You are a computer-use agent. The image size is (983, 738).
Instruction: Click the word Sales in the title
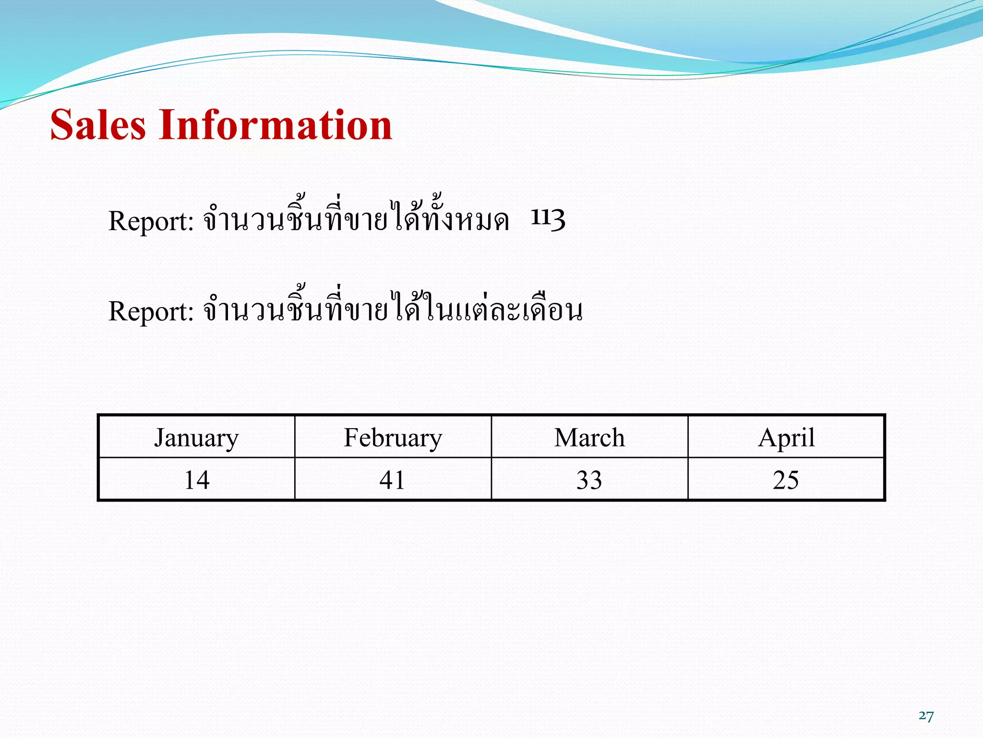click(98, 125)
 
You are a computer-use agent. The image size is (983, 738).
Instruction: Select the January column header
click(196, 438)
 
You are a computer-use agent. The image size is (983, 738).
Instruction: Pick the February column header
click(393, 438)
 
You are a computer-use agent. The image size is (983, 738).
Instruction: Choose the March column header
click(589, 438)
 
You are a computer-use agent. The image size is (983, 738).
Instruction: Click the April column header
click(786, 438)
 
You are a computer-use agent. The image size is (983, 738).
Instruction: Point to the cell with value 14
click(197, 480)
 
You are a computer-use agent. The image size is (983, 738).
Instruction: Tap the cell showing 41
click(392, 480)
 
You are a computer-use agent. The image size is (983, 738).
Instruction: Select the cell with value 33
click(589, 480)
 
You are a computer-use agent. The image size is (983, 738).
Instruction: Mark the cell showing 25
click(786, 480)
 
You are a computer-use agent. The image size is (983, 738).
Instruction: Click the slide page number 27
click(926, 716)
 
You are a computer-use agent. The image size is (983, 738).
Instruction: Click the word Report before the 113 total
click(151, 221)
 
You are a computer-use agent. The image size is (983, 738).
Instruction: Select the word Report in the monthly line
click(151, 311)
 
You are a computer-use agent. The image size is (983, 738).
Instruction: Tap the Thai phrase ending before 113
click(356, 219)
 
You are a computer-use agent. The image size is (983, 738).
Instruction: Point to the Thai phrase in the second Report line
click(393, 309)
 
